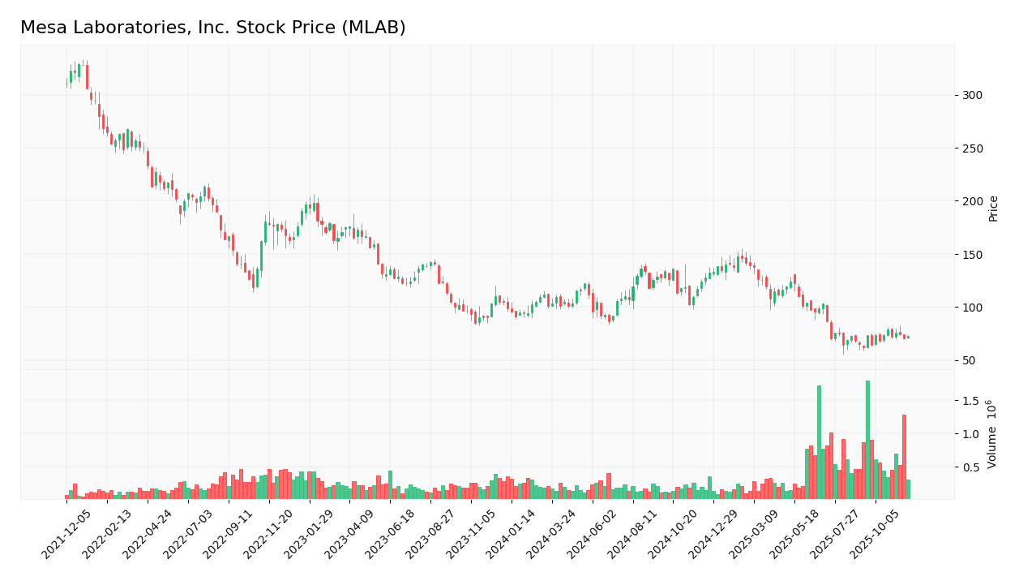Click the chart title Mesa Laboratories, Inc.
pyautogui.click(x=212, y=28)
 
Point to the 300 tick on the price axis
pyautogui.click(x=971, y=95)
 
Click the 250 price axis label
pyautogui.click(x=971, y=148)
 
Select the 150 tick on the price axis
pyautogui.click(x=971, y=255)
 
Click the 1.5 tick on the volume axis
pyautogui.click(x=970, y=401)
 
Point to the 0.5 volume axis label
pyautogui.click(x=970, y=467)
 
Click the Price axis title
pyautogui.click(x=993, y=208)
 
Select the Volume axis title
pyautogui.click(x=991, y=434)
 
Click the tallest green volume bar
pyautogui.click(x=867, y=440)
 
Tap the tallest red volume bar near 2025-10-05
pyautogui.click(x=904, y=457)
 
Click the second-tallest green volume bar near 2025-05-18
pyautogui.click(x=819, y=442)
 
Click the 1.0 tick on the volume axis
pyautogui.click(x=970, y=434)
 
